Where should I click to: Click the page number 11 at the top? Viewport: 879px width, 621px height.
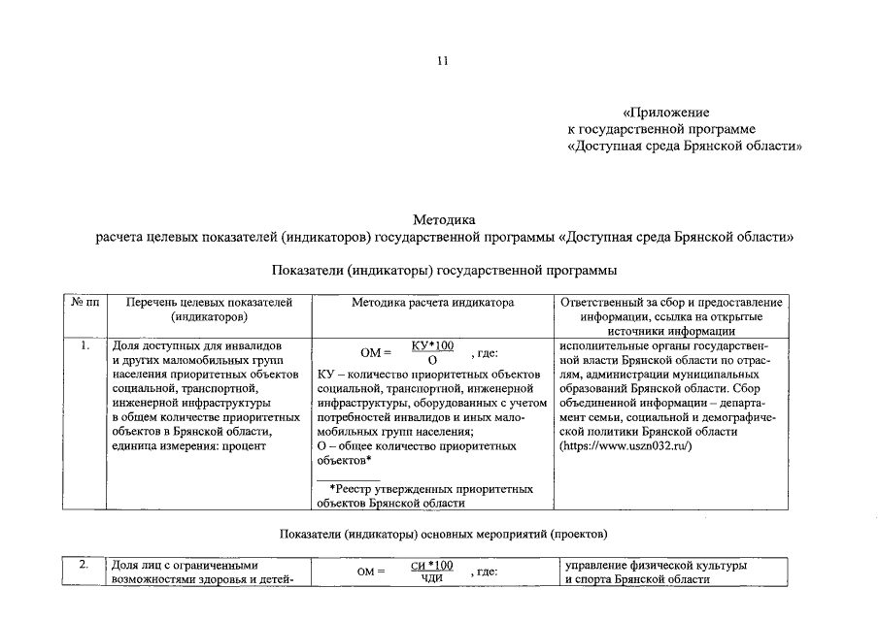(442, 61)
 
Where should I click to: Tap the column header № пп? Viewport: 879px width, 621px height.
(86, 303)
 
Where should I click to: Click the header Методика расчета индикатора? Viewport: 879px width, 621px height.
(432, 303)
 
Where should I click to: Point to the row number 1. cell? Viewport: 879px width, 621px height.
(86, 345)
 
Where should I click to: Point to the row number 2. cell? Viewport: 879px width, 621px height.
(85, 565)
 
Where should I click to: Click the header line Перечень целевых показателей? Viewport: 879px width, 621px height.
(209, 303)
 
